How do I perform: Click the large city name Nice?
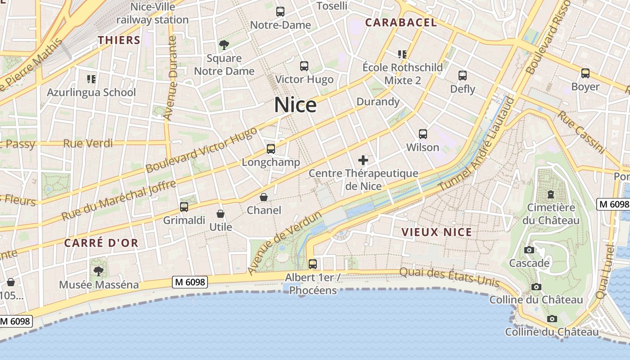click(295, 105)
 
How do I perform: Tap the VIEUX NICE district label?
click(436, 232)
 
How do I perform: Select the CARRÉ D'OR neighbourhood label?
click(101, 243)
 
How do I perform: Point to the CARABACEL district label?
click(400, 22)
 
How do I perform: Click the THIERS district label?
click(119, 40)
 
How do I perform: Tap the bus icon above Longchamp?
click(270, 149)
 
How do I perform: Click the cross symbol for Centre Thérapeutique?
click(363, 160)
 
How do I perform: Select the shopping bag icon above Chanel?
click(264, 197)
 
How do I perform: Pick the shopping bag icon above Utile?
click(220, 214)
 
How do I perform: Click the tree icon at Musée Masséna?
click(99, 271)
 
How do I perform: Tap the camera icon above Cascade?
click(529, 250)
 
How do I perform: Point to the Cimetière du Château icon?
click(550, 194)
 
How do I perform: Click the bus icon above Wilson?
click(423, 134)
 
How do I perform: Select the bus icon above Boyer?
click(585, 73)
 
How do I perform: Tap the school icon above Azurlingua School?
click(91, 79)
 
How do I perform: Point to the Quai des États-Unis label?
click(449, 276)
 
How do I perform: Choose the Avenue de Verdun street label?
click(284, 242)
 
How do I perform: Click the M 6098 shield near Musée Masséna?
click(189, 282)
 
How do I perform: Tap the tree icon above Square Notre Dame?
click(224, 45)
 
